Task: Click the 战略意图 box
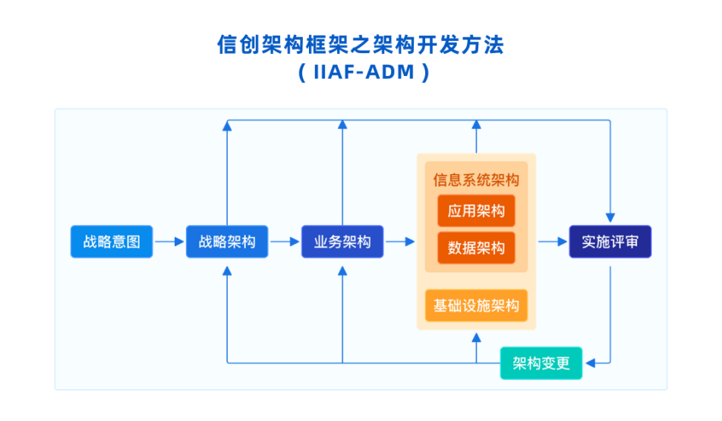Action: [x=112, y=242]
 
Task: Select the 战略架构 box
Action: [x=227, y=242]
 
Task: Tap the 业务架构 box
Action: [x=342, y=242]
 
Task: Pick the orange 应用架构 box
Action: [x=476, y=210]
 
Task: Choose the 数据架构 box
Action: [x=476, y=248]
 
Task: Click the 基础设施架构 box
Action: [x=476, y=305]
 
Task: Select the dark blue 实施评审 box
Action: [x=610, y=242]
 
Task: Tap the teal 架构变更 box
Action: [x=541, y=363]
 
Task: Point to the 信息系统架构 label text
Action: [x=476, y=180]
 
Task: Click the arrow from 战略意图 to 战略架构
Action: [x=169, y=242]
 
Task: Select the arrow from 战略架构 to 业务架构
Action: [x=285, y=242]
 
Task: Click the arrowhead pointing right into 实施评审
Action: [x=563, y=242]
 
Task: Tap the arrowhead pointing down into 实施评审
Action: [x=610, y=217]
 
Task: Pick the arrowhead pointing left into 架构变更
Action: [x=591, y=363]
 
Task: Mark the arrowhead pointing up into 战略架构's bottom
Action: [x=227, y=271]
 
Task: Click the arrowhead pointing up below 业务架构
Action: [x=342, y=271]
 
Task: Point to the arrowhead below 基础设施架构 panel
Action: [x=476, y=338]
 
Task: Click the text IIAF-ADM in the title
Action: [x=364, y=72]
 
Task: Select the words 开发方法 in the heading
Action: [x=461, y=45]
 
